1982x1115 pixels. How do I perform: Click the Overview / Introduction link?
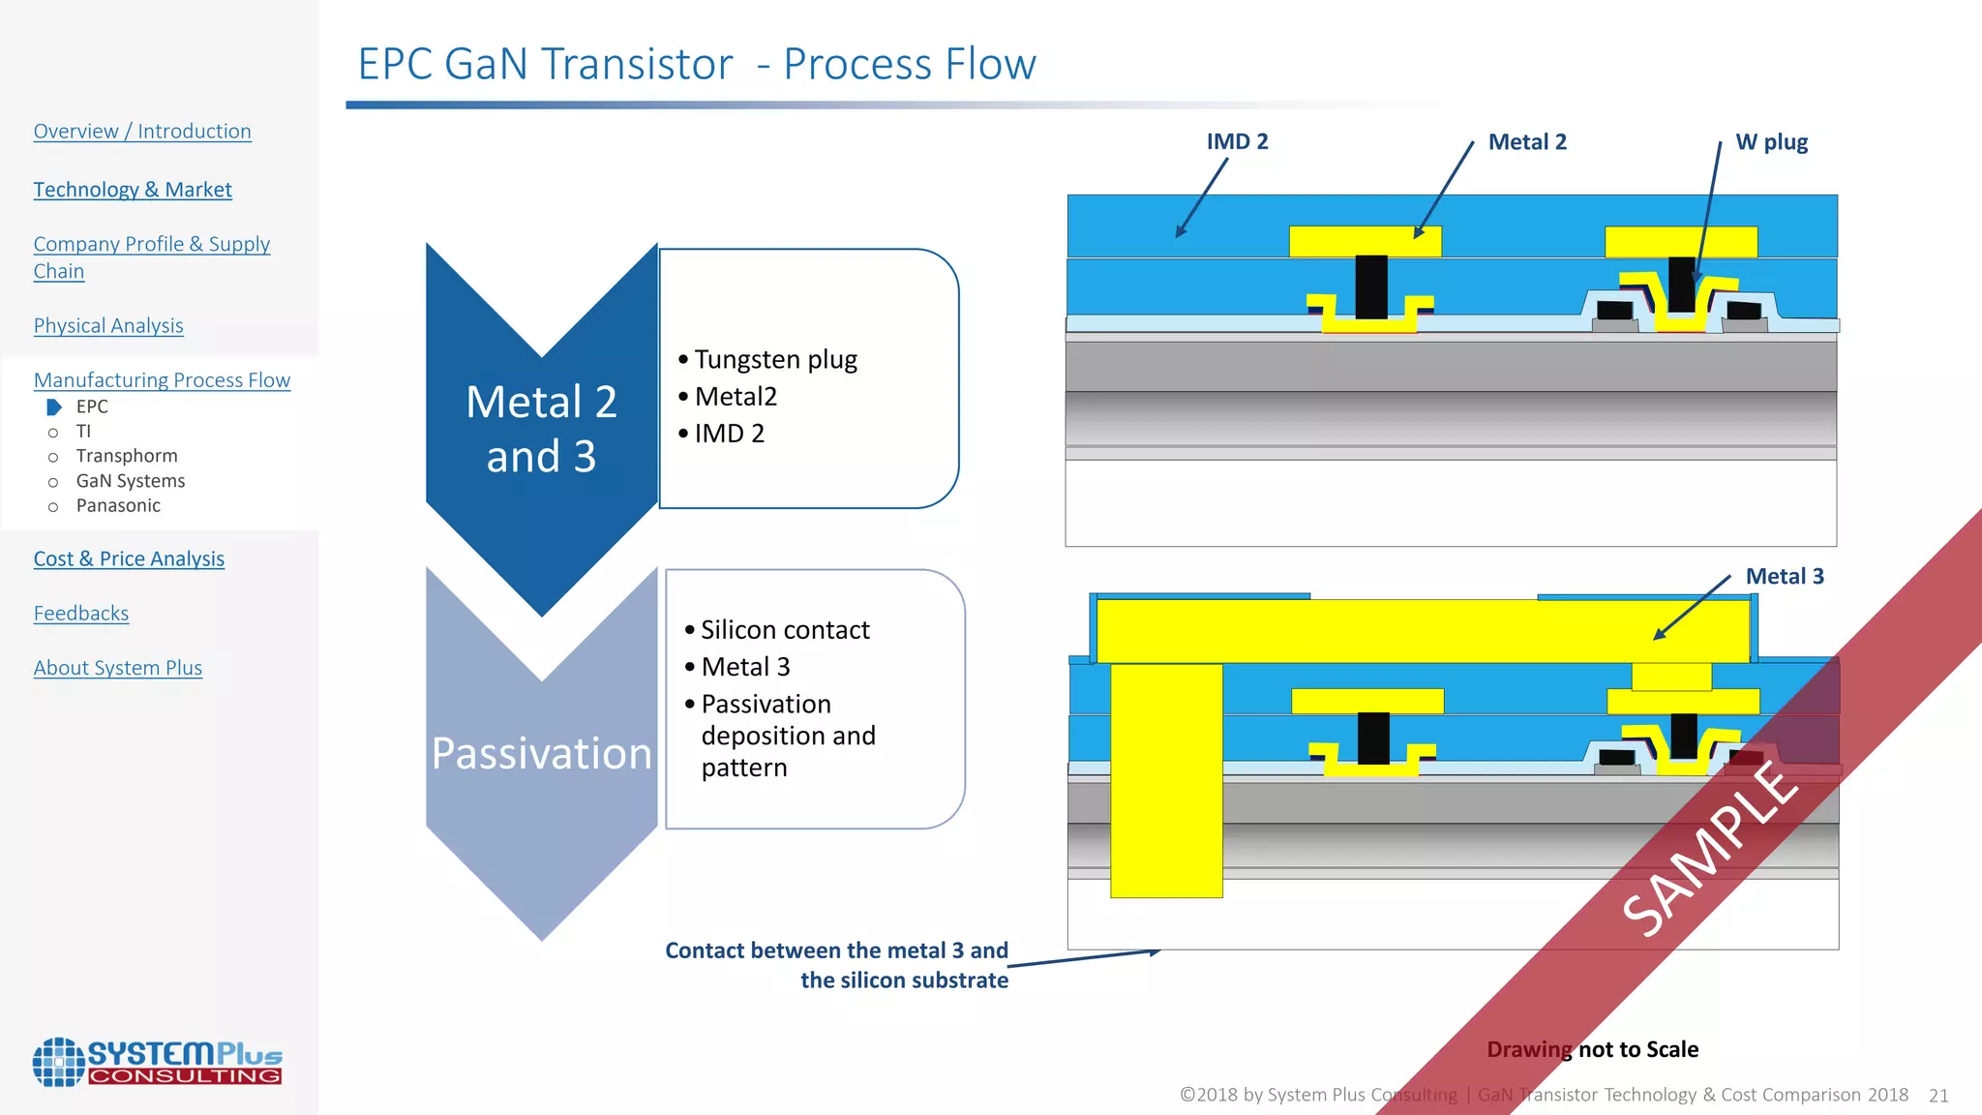point(142,132)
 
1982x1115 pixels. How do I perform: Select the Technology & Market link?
point(133,190)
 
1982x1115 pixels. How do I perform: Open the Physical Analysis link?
point(108,326)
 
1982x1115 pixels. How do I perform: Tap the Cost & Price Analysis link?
point(129,559)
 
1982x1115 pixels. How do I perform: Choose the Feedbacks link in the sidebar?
point(81,614)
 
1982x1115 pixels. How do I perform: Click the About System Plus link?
point(118,668)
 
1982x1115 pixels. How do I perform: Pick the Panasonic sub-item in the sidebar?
point(118,506)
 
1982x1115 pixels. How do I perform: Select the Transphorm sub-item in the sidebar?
point(127,456)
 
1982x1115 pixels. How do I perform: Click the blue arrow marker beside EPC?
point(54,407)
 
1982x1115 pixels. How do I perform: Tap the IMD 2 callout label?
point(1237,142)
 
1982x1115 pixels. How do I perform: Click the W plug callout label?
point(1771,142)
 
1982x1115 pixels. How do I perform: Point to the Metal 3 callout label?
point(1784,577)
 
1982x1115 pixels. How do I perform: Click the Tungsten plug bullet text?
point(775,360)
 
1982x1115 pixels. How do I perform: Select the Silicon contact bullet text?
point(785,630)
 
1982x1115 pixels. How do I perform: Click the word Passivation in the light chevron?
point(541,754)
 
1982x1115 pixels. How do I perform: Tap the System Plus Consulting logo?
point(158,1062)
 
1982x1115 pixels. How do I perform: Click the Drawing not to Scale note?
point(1592,1050)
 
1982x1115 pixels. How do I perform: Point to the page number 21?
point(1937,1096)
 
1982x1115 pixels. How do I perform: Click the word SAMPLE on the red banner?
point(1710,849)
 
